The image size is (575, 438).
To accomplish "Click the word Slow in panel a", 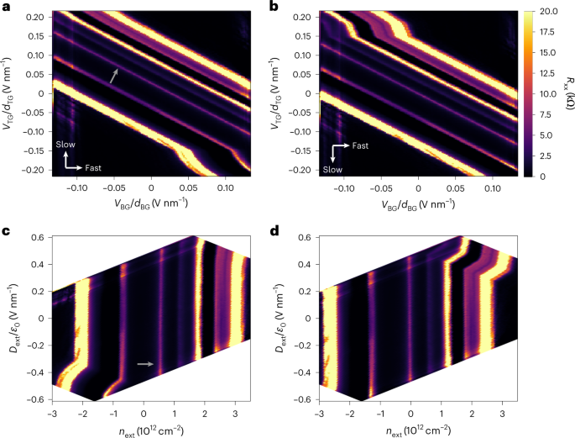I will point(66,145).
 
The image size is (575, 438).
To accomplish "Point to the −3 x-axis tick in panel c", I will point(53,414).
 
